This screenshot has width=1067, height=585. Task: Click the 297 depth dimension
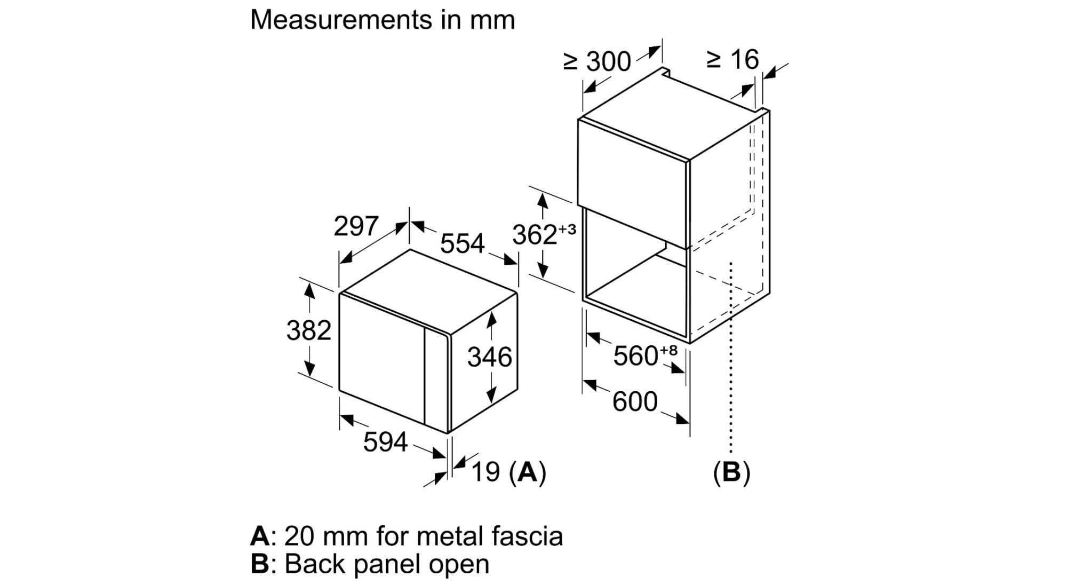(356, 226)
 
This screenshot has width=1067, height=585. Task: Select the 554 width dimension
(462, 243)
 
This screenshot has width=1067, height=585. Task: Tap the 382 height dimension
(309, 330)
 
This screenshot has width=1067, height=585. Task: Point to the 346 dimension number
(490, 357)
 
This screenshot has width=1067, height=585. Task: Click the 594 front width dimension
(385, 442)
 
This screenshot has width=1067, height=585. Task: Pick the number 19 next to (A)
(485, 472)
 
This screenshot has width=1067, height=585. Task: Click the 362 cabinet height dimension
(535, 235)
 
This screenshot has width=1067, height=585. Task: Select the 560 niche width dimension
(635, 356)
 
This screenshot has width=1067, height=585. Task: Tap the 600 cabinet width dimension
(635, 401)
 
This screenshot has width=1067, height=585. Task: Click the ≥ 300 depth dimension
(597, 62)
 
